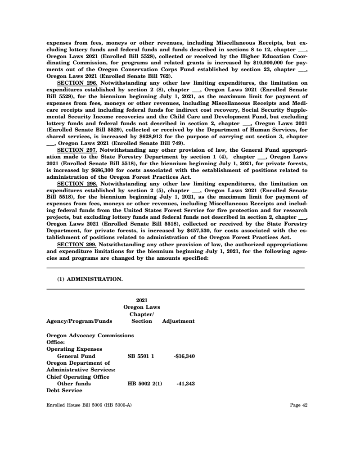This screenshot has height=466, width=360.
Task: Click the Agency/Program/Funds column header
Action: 80,321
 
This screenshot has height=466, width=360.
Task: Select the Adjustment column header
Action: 178,321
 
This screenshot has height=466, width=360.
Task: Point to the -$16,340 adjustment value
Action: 184,356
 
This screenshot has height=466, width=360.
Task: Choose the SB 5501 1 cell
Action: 141,356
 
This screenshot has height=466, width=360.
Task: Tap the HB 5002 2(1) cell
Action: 145,384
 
